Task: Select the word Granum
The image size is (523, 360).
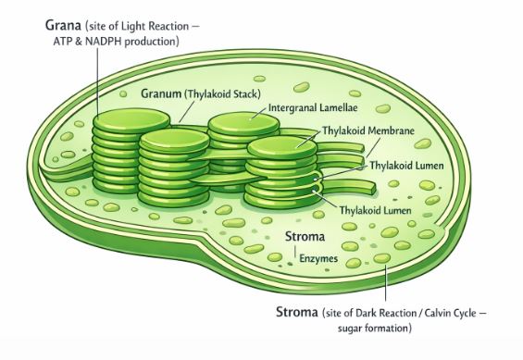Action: pos(162,93)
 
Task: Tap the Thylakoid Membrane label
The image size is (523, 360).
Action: pos(367,131)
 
